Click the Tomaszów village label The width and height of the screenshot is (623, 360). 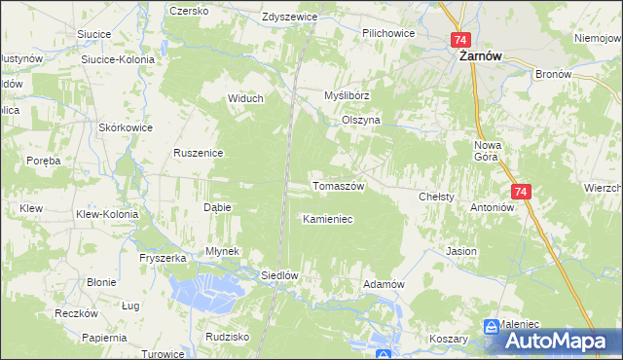pyautogui.click(x=338, y=186)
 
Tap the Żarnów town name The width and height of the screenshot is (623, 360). pyautogui.click(x=480, y=56)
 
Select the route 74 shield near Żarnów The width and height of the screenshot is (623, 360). pyautogui.click(x=461, y=40)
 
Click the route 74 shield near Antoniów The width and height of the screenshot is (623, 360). pyautogui.click(x=521, y=193)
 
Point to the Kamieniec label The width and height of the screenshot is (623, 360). pyautogui.click(x=327, y=219)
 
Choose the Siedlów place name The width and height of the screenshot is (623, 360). pyautogui.click(x=278, y=275)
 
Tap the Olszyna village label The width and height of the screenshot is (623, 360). pyautogui.click(x=360, y=120)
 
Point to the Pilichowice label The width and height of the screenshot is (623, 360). pyautogui.click(x=388, y=33)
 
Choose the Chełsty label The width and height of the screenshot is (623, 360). pyautogui.click(x=437, y=197)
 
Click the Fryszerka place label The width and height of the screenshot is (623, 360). pyautogui.click(x=163, y=258)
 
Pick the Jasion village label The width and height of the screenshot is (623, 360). pyautogui.click(x=461, y=251)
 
